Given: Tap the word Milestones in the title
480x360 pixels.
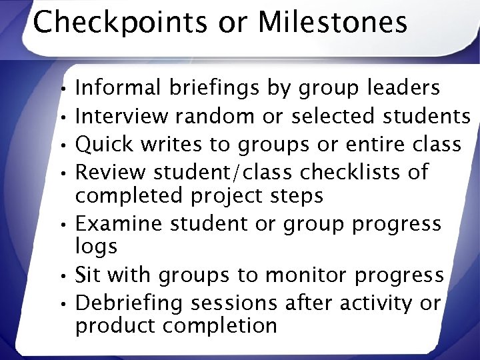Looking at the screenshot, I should coord(332,22).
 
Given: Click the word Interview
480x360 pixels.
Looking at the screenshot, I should coord(122,116).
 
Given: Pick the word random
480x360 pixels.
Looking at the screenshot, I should coord(215,116).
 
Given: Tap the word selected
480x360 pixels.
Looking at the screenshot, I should coord(333,116).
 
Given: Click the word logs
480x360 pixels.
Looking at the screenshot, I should coord(96,247).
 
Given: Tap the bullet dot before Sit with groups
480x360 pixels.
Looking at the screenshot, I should coord(61,275).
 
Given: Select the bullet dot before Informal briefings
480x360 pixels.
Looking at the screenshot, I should coord(61,89).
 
